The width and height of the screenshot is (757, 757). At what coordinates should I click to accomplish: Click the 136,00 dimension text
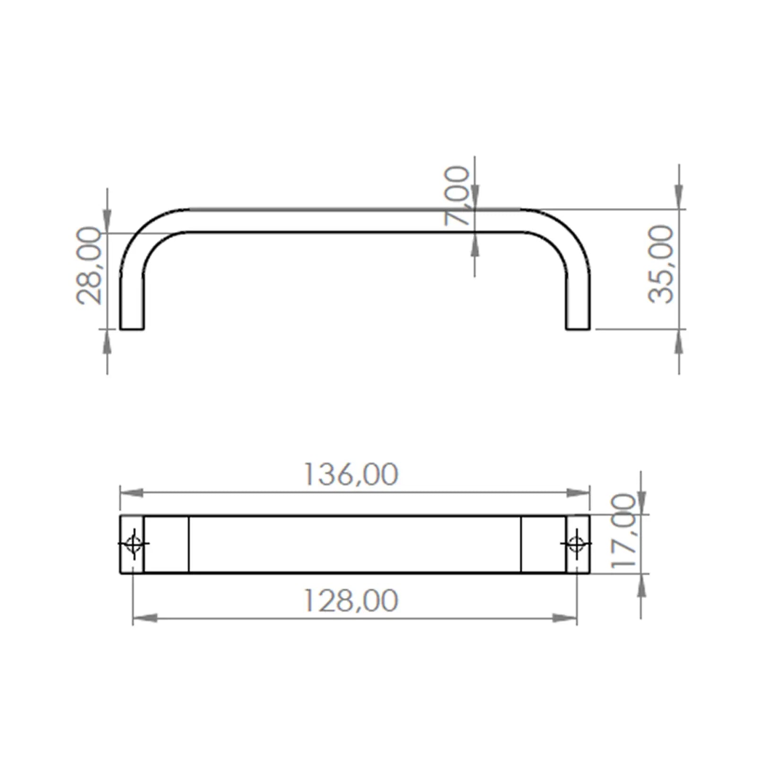350,474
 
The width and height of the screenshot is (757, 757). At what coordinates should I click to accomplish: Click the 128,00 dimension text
350,600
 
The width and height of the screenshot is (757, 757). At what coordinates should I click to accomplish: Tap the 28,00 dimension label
89,265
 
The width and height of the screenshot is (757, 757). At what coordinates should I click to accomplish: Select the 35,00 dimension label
660,264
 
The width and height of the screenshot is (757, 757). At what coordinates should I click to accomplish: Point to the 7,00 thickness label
457,195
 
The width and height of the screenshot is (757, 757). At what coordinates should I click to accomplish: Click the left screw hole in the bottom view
133,544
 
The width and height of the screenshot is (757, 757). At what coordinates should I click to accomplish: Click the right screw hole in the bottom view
576,544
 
